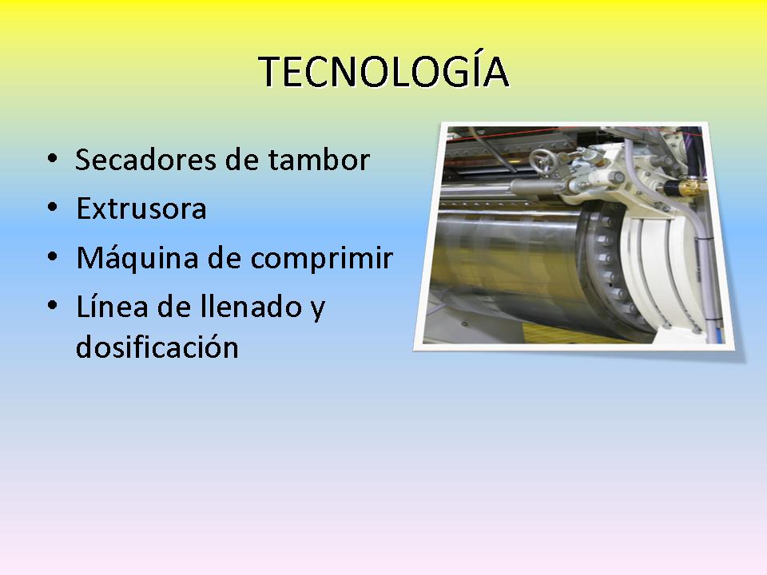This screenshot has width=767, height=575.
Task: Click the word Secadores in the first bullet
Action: tap(145, 160)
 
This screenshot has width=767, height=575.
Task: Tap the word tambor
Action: tap(319, 160)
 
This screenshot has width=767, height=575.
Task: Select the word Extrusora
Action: tap(141, 208)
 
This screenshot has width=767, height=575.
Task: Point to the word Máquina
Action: tap(137, 258)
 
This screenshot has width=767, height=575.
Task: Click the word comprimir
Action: tap(322, 259)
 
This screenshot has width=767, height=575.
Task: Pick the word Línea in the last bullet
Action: tap(112, 306)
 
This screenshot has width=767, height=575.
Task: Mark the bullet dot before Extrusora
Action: tap(53, 208)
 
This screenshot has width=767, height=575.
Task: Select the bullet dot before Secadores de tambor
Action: tap(53, 158)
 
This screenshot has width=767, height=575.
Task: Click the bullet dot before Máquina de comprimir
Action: tap(53, 257)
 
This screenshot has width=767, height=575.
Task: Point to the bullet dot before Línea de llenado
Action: tap(53, 306)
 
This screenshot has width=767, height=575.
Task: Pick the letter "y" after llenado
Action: tap(318, 310)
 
